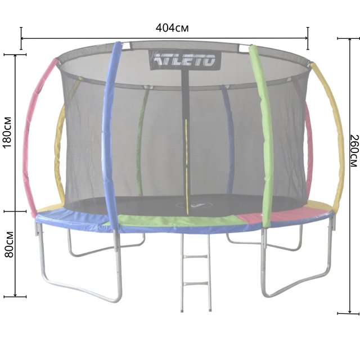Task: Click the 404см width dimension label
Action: click(172, 28)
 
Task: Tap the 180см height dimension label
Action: click(7, 133)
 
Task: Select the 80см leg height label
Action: click(9, 244)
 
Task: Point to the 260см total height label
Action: click(354, 151)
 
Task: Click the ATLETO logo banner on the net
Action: click(185, 60)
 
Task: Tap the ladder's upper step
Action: click(196, 256)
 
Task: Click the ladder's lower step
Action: click(196, 283)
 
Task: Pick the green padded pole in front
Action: click(264, 136)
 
